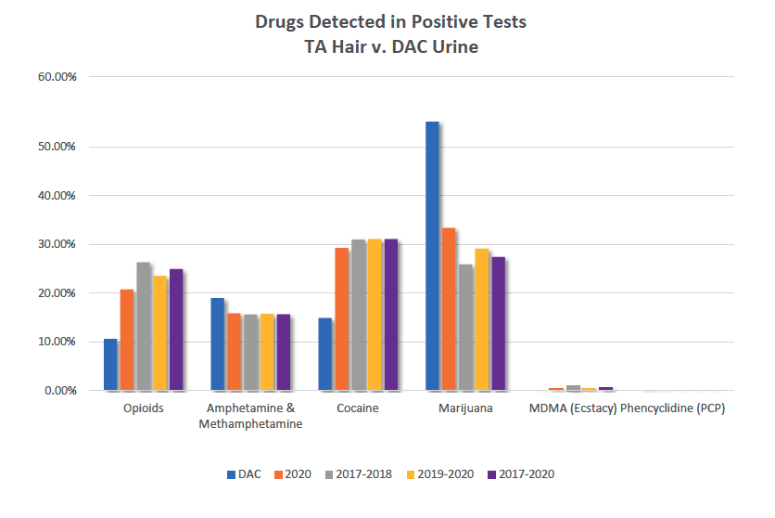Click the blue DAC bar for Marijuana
click(x=432, y=256)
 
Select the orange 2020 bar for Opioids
click(x=126, y=340)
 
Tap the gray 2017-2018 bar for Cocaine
click(x=358, y=315)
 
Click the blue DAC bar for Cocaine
click(x=324, y=354)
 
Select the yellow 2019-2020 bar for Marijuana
click(x=482, y=319)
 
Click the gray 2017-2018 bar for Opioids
click(x=143, y=326)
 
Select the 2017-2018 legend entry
click(x=361, y=474)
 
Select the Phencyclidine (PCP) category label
click(x=672, y=408)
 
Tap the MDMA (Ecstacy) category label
click(x=573, y=408)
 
